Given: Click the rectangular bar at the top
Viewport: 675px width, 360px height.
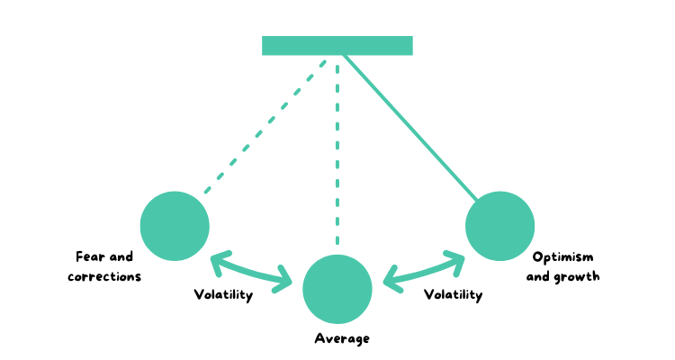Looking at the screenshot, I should pyautogui.click(x=337, y=46).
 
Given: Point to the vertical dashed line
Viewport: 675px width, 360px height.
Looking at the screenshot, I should pyautogui.click(x=337, y=153).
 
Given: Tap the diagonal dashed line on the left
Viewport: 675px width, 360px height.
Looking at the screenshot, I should pyautogui.click(x=265, y=126).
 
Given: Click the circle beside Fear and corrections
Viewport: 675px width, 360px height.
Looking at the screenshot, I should pyautogui.click(x=175, y=226).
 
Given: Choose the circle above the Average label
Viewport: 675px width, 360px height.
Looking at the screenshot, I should pyautogui.click(x=337, y=289).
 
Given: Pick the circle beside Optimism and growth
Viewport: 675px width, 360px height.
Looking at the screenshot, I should pyautogui.click(x=499, y=226).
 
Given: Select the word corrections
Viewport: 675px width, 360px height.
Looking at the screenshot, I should pyautogui.click(x=104, y=276).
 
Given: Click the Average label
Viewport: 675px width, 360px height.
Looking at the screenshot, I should pyautogui.click(x=342, y=338).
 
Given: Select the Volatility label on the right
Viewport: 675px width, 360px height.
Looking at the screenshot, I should pyautogui.click(x=453, y=294).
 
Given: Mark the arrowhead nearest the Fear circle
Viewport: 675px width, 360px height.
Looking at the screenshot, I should pyautogui.click(x=217, y=261).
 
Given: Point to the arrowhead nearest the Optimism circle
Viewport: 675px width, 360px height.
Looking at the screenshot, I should pyautogui.click(x=457, y=260).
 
